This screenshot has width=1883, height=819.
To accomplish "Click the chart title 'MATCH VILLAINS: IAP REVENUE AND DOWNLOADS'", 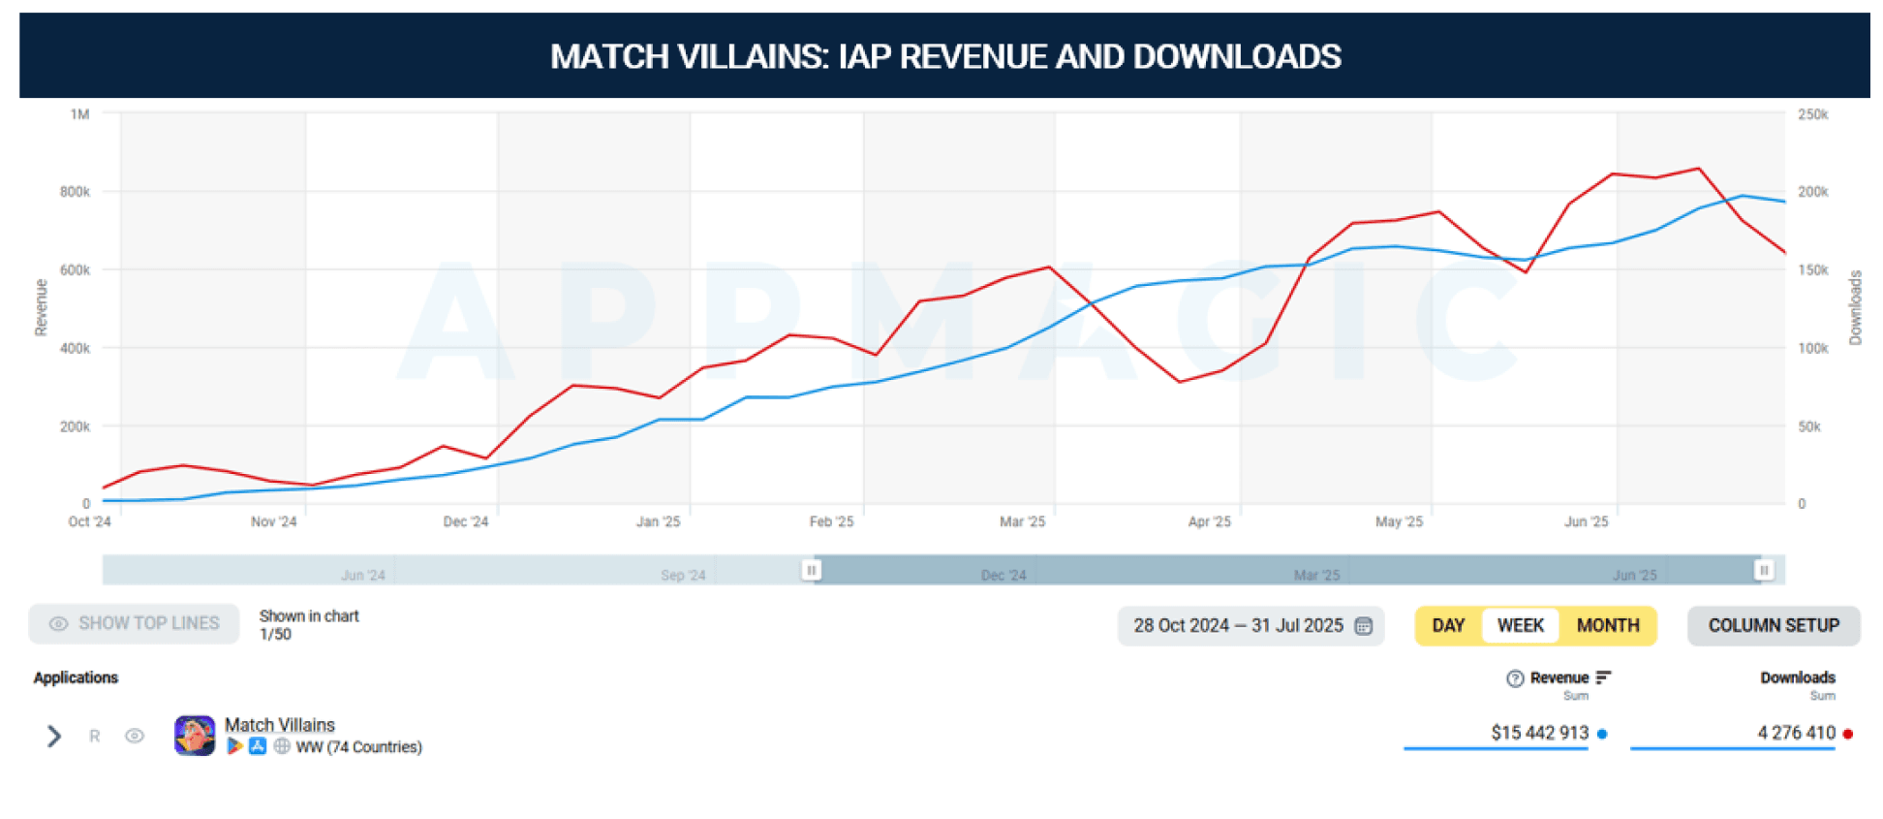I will pos(944,56).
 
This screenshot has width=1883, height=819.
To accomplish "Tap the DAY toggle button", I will pos(1448,625).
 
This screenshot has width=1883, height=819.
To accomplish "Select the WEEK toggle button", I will pos(1520,625).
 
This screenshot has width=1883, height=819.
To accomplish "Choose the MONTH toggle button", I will pos(1607,625).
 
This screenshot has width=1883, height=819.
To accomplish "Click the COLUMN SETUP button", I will pos(1773,625).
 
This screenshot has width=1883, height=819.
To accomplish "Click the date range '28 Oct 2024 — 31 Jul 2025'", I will pos(1238,625).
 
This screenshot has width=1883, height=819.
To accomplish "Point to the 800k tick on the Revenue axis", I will pos(75,192).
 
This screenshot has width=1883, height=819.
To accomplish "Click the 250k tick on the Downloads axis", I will pos(1812,114).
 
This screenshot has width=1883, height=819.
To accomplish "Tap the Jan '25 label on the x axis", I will pos(658,521).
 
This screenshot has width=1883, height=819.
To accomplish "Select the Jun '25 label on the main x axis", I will pos(1586,521).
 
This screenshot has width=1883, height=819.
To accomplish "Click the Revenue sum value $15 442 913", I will pos(1539,733).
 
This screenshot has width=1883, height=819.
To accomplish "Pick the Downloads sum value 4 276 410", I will pos(1796,733).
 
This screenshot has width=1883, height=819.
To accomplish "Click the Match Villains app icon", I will pos(195,736).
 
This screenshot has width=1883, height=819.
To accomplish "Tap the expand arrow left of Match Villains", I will pos(54,737).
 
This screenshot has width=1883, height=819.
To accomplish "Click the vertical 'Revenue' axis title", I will pos(41,307).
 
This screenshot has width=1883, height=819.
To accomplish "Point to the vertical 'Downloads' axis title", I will pos(1855,307).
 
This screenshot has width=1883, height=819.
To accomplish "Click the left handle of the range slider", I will pos(812,570).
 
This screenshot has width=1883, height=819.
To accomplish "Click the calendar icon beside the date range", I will pos(1364,626).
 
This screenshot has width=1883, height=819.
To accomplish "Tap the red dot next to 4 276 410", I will pos(1848,734).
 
